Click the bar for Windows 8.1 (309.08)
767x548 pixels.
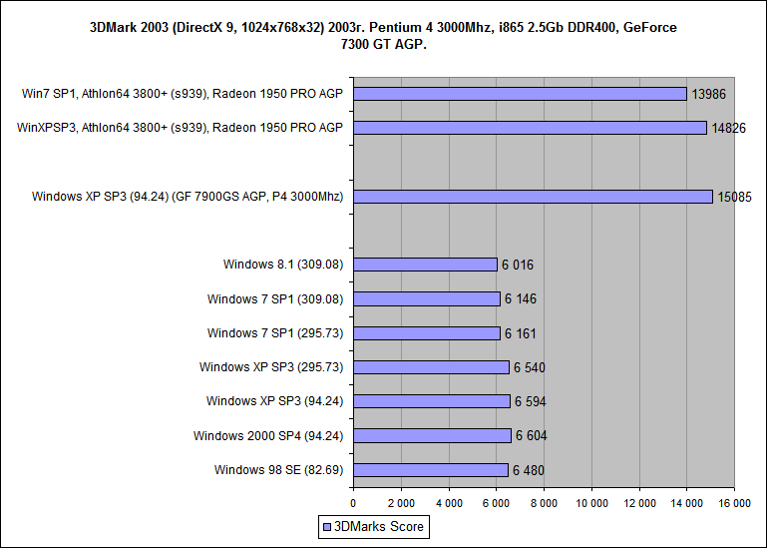pos(426,265)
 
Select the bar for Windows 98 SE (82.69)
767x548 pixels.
pos(431,470)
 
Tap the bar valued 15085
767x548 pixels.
pos(534,197)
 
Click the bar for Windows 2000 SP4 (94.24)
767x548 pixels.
pos(433,435)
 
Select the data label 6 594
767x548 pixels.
pos(530,401)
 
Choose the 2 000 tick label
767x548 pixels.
pos(401,503)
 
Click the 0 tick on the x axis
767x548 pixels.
pos(353,503)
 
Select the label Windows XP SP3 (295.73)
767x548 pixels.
pos(270,367)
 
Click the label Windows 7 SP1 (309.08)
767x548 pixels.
pos(274,299)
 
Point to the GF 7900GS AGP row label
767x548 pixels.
pos(187,197)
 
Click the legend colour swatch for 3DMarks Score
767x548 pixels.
pos(326,527)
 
